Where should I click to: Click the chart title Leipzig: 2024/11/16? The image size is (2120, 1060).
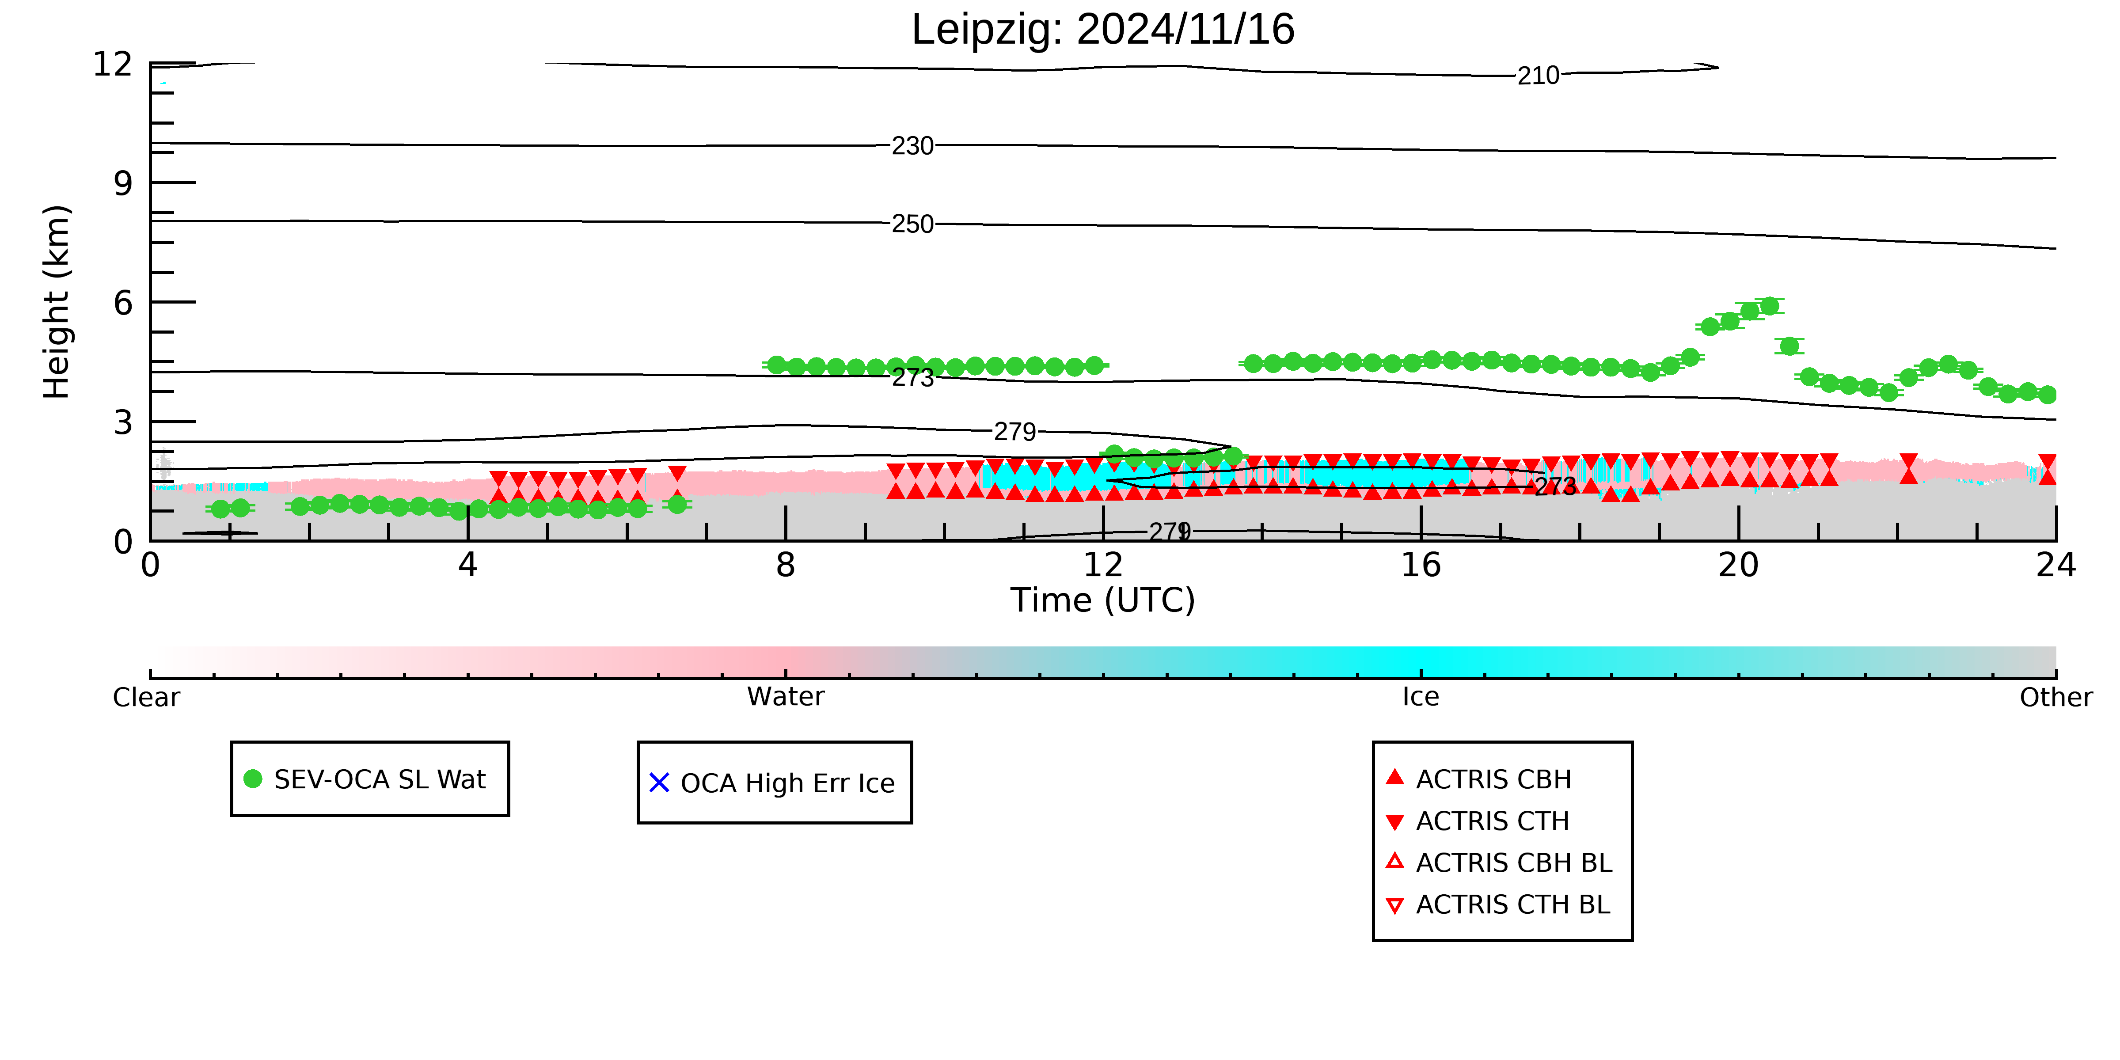1103,30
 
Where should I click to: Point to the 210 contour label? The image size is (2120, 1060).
1538,76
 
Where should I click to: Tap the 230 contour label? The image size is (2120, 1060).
913,147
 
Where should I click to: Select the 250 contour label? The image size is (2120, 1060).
913,224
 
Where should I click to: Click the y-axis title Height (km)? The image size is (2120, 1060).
57,302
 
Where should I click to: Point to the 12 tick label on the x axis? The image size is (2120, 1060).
1103,566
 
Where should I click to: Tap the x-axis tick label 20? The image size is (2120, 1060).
1738,566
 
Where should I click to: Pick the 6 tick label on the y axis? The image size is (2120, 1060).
123,303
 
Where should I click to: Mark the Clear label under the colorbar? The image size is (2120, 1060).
147,697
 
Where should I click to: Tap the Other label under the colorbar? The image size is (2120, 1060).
2056,697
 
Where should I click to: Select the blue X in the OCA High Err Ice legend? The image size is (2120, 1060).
659,783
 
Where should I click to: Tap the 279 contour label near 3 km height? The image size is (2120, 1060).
1015,432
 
